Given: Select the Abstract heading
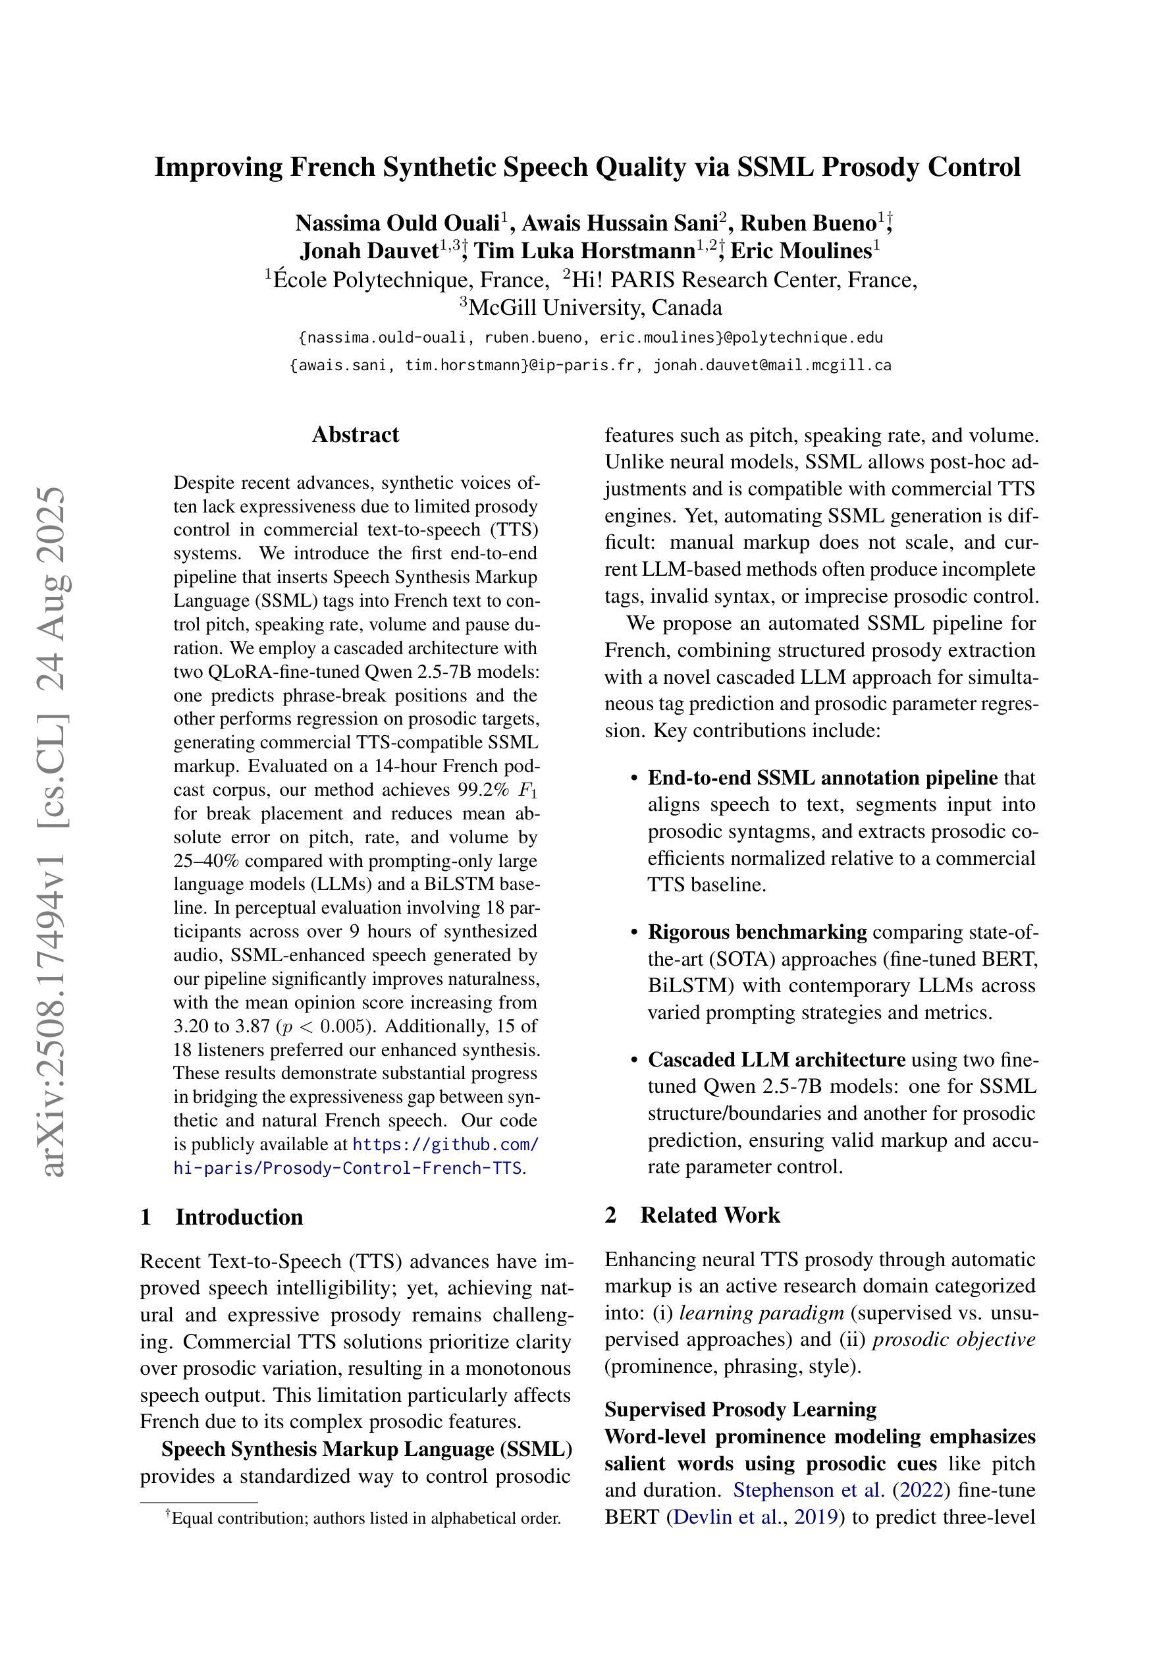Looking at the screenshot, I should (x=355, y=435).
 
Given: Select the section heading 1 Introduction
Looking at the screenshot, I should (x=222, y=1217).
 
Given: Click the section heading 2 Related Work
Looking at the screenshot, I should (x=692, y=1215).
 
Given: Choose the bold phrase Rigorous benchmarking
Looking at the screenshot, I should (x=757, y=932).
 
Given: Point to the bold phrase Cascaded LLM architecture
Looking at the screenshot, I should (x=776, y=1059).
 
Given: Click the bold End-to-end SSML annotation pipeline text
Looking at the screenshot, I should (x=822, y=777).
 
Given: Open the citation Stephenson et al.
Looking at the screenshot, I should (x=809, y=1490).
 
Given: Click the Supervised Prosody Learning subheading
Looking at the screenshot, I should (x=740, y=1410).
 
